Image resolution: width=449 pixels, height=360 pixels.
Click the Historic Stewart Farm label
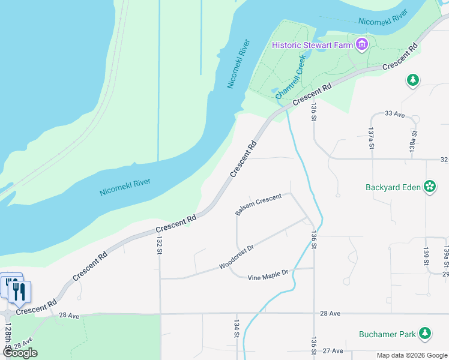pos(312,45)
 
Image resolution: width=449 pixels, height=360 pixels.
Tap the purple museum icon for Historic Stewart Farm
pos(361,44)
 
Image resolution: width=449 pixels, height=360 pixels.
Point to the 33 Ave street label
pos(394,113)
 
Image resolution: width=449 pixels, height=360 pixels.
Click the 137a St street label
pos(372,138)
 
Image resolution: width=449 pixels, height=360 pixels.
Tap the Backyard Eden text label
pos(393,187)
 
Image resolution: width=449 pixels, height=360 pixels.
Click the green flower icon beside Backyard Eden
pos(430,187)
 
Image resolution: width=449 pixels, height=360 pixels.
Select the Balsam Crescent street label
pos(258,205)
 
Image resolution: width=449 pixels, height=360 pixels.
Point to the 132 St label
pos(160,245)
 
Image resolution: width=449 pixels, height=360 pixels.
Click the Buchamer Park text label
pos(387,334)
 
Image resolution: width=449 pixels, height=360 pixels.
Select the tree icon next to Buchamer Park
pos(425,333)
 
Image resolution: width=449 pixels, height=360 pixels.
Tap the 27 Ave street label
pos(333,351)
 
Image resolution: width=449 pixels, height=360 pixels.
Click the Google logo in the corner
pos(20,353)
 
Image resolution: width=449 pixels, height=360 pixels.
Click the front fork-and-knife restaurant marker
pos(19,292)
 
